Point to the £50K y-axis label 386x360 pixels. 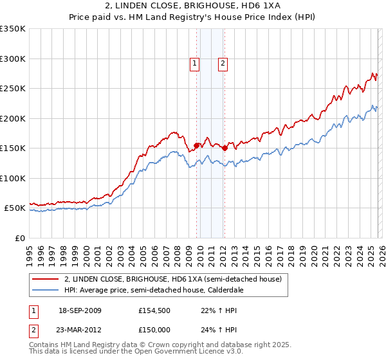click(x=15, y=208)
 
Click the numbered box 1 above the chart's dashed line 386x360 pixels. click(x=194, y=63)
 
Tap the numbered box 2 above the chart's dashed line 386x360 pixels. click(x=223, y=63)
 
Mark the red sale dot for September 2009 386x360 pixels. click(x=196, y=145)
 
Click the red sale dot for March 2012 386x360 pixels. click(x=225, y=148)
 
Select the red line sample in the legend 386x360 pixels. click(x=45, y=280)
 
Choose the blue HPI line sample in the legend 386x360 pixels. click(x=45, y=291)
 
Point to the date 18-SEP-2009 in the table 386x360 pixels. click(x=80, y=310)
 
